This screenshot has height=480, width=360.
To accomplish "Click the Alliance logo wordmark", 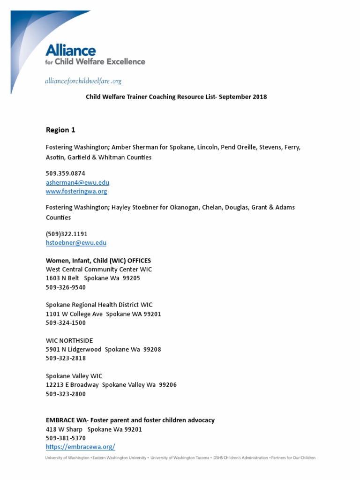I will [70, 51].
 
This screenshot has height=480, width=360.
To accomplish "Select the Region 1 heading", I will [60, 130].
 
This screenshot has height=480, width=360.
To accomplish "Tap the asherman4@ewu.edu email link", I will [77, 182].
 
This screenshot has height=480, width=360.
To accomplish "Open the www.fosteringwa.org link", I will [76, 191].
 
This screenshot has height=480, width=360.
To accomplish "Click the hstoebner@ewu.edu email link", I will [76, 243].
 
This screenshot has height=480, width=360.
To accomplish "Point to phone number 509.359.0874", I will [65, 173].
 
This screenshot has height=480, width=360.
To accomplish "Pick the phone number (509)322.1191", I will [67, 234].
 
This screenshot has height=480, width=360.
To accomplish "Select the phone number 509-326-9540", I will [66, 287].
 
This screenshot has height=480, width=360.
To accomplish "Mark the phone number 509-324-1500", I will [66, 323].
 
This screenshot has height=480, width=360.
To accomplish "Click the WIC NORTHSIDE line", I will [69, 341].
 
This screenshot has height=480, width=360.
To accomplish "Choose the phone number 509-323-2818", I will [66, 359].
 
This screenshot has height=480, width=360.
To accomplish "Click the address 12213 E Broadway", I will [72, 385].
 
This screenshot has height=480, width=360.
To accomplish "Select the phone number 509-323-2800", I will [66, 394].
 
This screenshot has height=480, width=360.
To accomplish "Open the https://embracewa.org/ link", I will [80, 447].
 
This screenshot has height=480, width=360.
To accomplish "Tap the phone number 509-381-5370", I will [66, 438].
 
